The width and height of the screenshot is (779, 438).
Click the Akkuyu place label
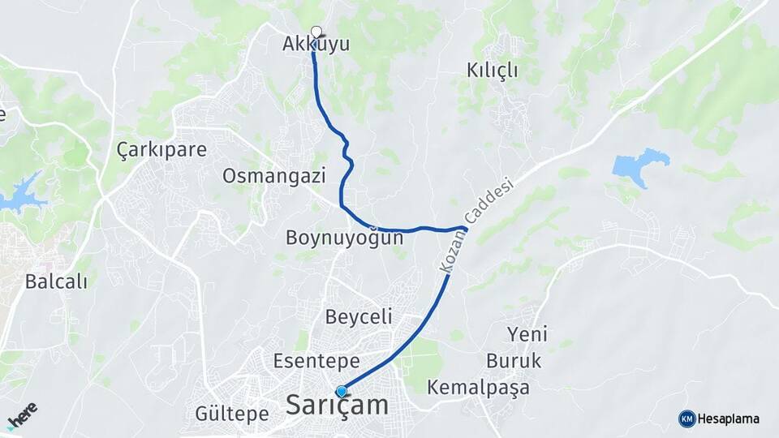(316, 45)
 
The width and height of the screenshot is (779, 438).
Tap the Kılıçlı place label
(492, 71)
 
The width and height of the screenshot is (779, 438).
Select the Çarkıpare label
(161, 150)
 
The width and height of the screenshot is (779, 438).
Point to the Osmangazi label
(274, 176)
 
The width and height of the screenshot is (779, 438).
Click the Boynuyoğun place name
(344, 238)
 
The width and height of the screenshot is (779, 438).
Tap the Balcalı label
(56, 281)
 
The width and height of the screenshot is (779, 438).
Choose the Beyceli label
(358, 316)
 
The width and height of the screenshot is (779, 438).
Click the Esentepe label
(316, 360)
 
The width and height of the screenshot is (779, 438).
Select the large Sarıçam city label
(337, 406)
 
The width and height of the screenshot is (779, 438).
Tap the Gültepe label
(232, 414)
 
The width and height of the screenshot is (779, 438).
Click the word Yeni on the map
(527, 334)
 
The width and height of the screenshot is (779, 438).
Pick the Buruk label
(514, 360)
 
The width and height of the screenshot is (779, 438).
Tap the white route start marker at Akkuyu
(316, 32)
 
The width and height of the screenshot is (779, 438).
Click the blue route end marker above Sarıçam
(342, 391)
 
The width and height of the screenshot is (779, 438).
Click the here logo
(22, 415)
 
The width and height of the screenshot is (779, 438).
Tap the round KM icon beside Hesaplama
(686, 419)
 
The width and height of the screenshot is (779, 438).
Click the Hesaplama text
(729, 419)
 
